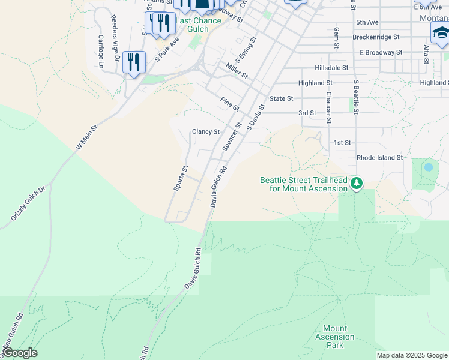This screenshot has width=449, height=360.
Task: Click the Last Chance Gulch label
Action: click(198, 25)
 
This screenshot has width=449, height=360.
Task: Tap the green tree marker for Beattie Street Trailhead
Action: click(357, 182)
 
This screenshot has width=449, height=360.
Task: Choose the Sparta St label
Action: click(181, 179)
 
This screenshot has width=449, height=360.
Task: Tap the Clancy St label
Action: click(205, 132)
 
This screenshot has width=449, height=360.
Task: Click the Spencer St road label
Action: click(231, 137)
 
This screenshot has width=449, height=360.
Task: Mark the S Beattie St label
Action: click(356, 97)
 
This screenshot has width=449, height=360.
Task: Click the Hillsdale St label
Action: click(329, 68)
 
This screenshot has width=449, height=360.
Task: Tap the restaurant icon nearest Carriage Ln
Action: click(134, 62)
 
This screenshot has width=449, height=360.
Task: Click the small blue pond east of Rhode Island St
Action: click(429, 167)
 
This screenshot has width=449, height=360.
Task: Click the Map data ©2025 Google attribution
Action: click(412, 355)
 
